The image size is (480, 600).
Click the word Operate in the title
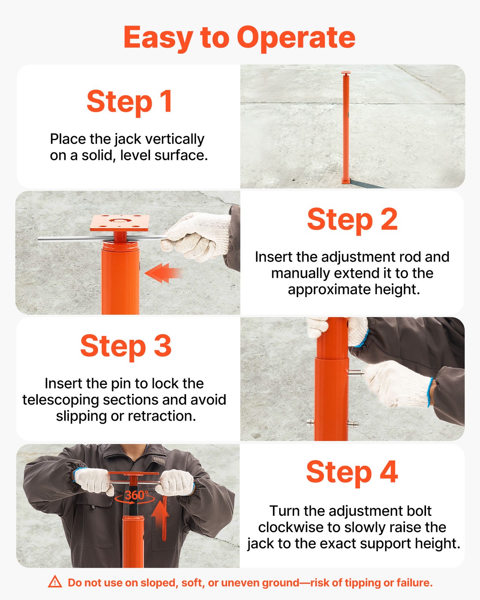(296, 38)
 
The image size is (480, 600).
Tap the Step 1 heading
(129, 101)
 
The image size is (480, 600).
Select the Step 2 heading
(352, 220)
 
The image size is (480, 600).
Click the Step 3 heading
(126, 346)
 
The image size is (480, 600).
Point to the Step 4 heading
(352, 472)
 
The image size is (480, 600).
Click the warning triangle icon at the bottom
(55, 582)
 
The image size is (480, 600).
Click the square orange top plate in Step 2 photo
(120, 223)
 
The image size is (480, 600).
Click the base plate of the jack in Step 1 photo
(345, 182)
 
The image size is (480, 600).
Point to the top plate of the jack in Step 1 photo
(346, 73)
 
